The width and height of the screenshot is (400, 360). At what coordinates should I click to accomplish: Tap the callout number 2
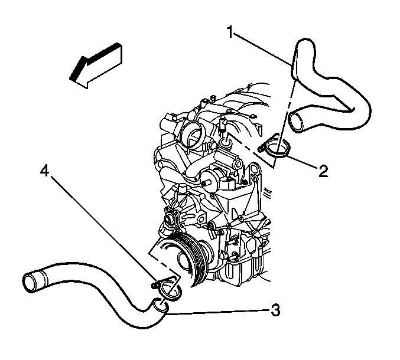pos(323,171)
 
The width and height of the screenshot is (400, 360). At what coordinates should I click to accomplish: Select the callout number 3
pos(275,310)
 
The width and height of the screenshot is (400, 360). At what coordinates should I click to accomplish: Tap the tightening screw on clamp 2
pos(261,148)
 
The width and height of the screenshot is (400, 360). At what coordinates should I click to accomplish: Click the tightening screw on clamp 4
pos(155,286)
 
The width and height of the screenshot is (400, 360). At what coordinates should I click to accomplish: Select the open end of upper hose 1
pos(295,123)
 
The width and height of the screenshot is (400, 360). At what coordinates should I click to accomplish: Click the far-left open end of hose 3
pos(30,283)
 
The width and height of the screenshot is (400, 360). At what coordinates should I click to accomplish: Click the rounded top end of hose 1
pos(304,43)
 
